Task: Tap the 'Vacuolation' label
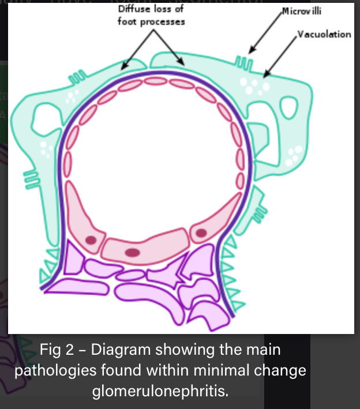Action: [324, 35]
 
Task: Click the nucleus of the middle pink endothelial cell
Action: [133, 252]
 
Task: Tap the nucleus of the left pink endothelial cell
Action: [91, 239]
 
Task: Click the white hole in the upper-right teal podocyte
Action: [288, 106]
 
